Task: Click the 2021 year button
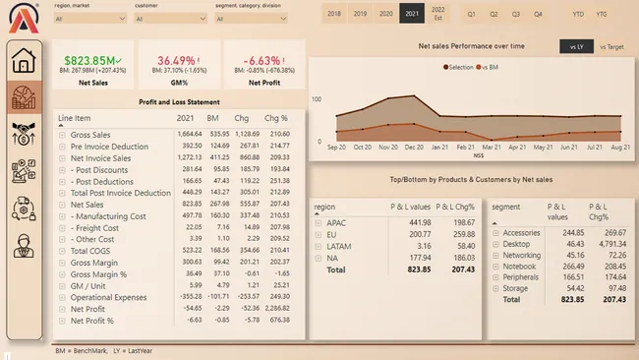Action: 412,14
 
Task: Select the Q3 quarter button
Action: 515,14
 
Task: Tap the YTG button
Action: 602,14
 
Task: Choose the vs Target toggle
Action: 610,46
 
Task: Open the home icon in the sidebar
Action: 25,62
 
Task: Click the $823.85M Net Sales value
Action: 91,60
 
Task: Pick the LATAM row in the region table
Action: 339,245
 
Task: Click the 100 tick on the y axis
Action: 318,99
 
